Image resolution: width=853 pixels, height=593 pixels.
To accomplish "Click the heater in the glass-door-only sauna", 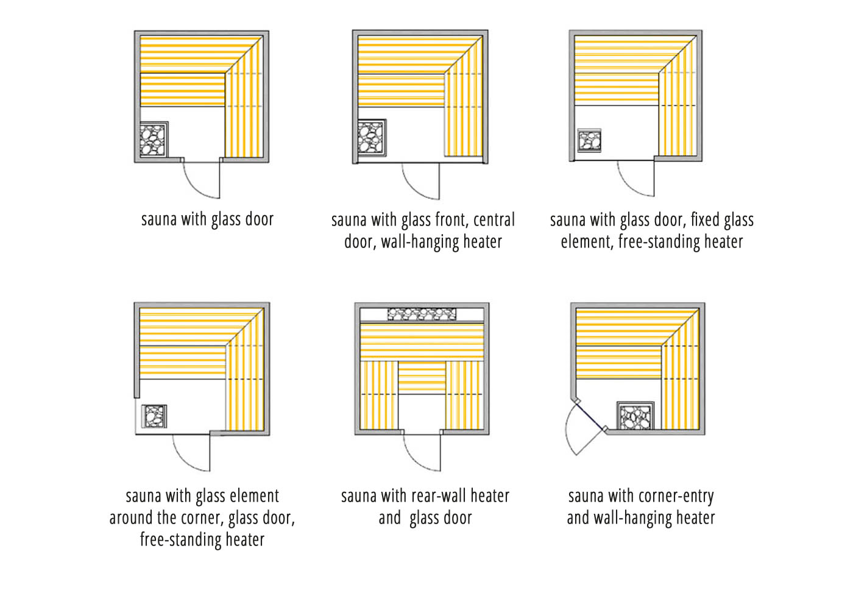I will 154,140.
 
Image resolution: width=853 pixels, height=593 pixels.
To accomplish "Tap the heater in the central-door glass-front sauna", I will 371,138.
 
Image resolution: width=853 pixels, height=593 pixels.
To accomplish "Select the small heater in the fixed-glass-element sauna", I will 589,140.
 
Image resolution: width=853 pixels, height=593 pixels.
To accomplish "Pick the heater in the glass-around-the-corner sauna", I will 154,416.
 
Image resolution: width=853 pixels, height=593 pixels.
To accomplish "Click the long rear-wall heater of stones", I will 422,314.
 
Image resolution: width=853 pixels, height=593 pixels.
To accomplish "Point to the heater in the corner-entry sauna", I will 635,416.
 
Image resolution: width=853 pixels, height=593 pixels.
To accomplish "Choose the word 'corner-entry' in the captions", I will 676,496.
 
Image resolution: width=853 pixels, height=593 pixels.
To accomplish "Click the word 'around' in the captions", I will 129,518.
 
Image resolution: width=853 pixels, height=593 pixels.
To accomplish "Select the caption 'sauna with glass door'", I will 207,219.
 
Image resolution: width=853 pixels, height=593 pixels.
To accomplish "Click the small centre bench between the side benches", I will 422,378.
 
